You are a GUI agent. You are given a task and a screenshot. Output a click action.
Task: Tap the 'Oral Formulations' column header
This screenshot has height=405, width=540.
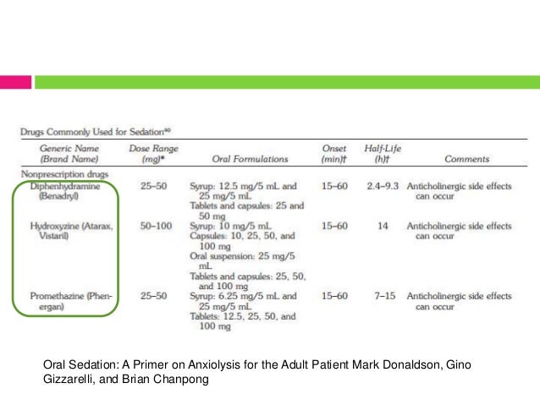tap(250, 158)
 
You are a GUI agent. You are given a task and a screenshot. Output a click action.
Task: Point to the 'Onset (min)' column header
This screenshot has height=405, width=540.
tap(334, 153)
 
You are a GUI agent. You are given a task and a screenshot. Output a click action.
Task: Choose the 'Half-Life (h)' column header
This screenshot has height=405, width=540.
tap(383, 153)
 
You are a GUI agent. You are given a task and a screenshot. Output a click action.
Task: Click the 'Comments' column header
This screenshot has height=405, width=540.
tap(466, 158)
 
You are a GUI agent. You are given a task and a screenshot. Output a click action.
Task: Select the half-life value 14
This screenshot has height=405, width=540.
tap(383, 227)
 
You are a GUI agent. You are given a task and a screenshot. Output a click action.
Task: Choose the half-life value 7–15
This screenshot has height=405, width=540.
tap(383, 297)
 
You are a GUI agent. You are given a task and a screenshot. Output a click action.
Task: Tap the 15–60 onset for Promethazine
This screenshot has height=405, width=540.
tap(334, 297)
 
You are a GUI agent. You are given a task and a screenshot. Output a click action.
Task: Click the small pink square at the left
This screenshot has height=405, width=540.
tap(16, 81)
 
